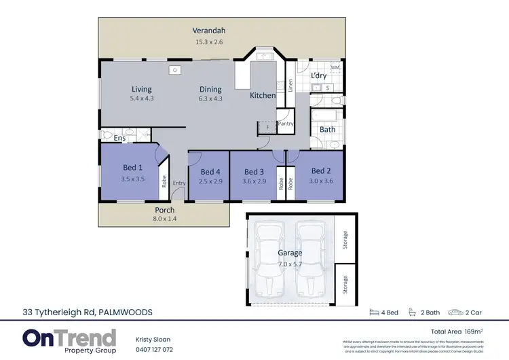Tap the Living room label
tap(142, 89)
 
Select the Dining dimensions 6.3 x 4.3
tap(210, 99)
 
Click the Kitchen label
tap(263, 96)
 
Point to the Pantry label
tap(285, 124)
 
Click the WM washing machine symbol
tap(335, 69)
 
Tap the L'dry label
tap(319, 76)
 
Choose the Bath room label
tap(328, 129)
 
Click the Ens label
tap(119, 139)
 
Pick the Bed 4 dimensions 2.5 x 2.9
tap(210, 182)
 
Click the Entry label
tap(178, 183)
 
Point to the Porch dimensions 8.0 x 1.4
tap(164, 219)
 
